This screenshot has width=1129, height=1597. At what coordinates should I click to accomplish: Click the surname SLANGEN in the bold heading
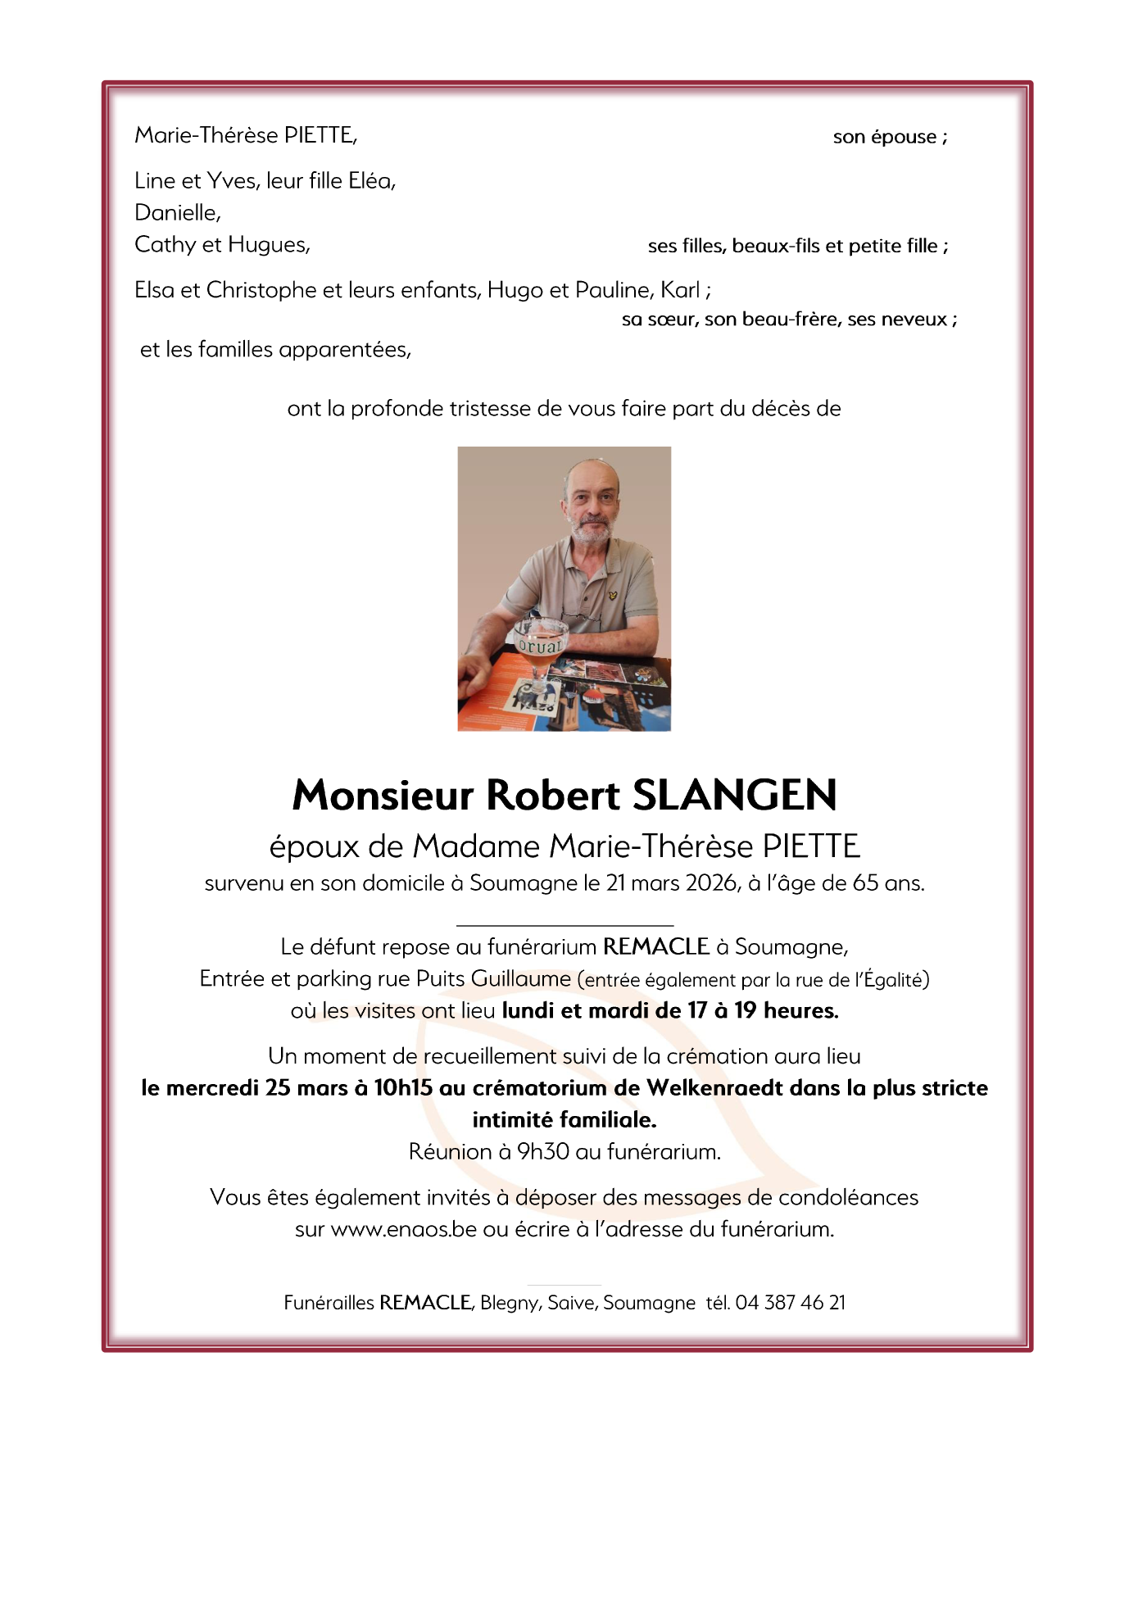pyautogui.click(x=735, y=795)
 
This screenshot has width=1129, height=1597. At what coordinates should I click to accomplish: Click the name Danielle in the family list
pyautogui.click(x=176, y=213)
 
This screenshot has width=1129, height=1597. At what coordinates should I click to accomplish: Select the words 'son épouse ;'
pyautogui.click(x=890, y=137)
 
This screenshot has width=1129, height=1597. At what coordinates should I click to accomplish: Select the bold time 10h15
pyautogui.click(x=403, y=1088)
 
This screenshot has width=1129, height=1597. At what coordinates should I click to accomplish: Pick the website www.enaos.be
pyautogui.click(x=403, y=1229)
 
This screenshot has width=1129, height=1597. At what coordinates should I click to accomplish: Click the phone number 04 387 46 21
pyautogui.click(x=790, y=1303)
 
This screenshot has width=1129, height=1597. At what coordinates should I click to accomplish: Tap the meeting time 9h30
pyautogui.click(x=542, y=1152)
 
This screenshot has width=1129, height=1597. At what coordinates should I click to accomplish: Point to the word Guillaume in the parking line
pyautogui.click(x=520, y=979)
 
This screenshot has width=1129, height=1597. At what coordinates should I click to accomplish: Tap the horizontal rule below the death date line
pyautogui.click(x=564, y=925)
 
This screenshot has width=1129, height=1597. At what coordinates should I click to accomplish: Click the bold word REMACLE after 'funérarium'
pyautogui.click(x=655, y=947)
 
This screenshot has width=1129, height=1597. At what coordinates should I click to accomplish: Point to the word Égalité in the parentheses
pyautogui.click(x=893, y=980)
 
